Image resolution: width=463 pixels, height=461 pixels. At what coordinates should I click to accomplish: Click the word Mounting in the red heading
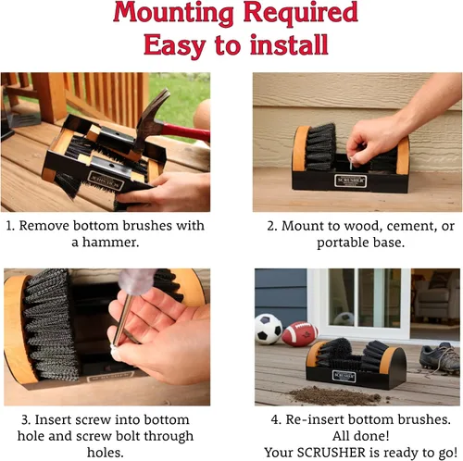click(x=173, y=13)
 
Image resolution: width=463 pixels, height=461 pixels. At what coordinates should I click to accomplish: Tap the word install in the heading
click(x=289, y=45)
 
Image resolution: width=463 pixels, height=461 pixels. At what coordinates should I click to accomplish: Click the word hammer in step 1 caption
click(x=110, y=242)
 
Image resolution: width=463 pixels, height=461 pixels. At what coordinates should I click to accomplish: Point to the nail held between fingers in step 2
click(x=352, y=163)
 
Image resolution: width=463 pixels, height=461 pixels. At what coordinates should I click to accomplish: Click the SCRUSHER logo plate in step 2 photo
click(x=351, y=181)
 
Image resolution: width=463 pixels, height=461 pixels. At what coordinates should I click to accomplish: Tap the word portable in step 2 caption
click(x=343, y=243)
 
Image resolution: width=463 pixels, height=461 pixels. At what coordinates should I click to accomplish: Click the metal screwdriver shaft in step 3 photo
click(x=122, y=319)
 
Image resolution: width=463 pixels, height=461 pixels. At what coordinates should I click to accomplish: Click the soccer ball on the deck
click(x=268, y=329)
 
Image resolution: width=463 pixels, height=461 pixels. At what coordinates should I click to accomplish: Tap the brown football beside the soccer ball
click(x=300, y=334)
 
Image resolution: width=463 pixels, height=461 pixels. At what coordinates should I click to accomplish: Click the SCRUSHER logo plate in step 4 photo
click(x=344, y=377)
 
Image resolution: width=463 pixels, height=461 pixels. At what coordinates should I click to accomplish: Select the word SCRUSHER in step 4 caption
click(x=332, y=453)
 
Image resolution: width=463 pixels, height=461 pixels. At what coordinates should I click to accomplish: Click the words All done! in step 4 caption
click(x=360, y=436)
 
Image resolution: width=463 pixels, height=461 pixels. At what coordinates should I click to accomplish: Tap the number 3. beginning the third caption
click(x=26, y=419)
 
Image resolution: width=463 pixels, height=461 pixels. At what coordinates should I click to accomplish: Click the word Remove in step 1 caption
click(x=44, y=226)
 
